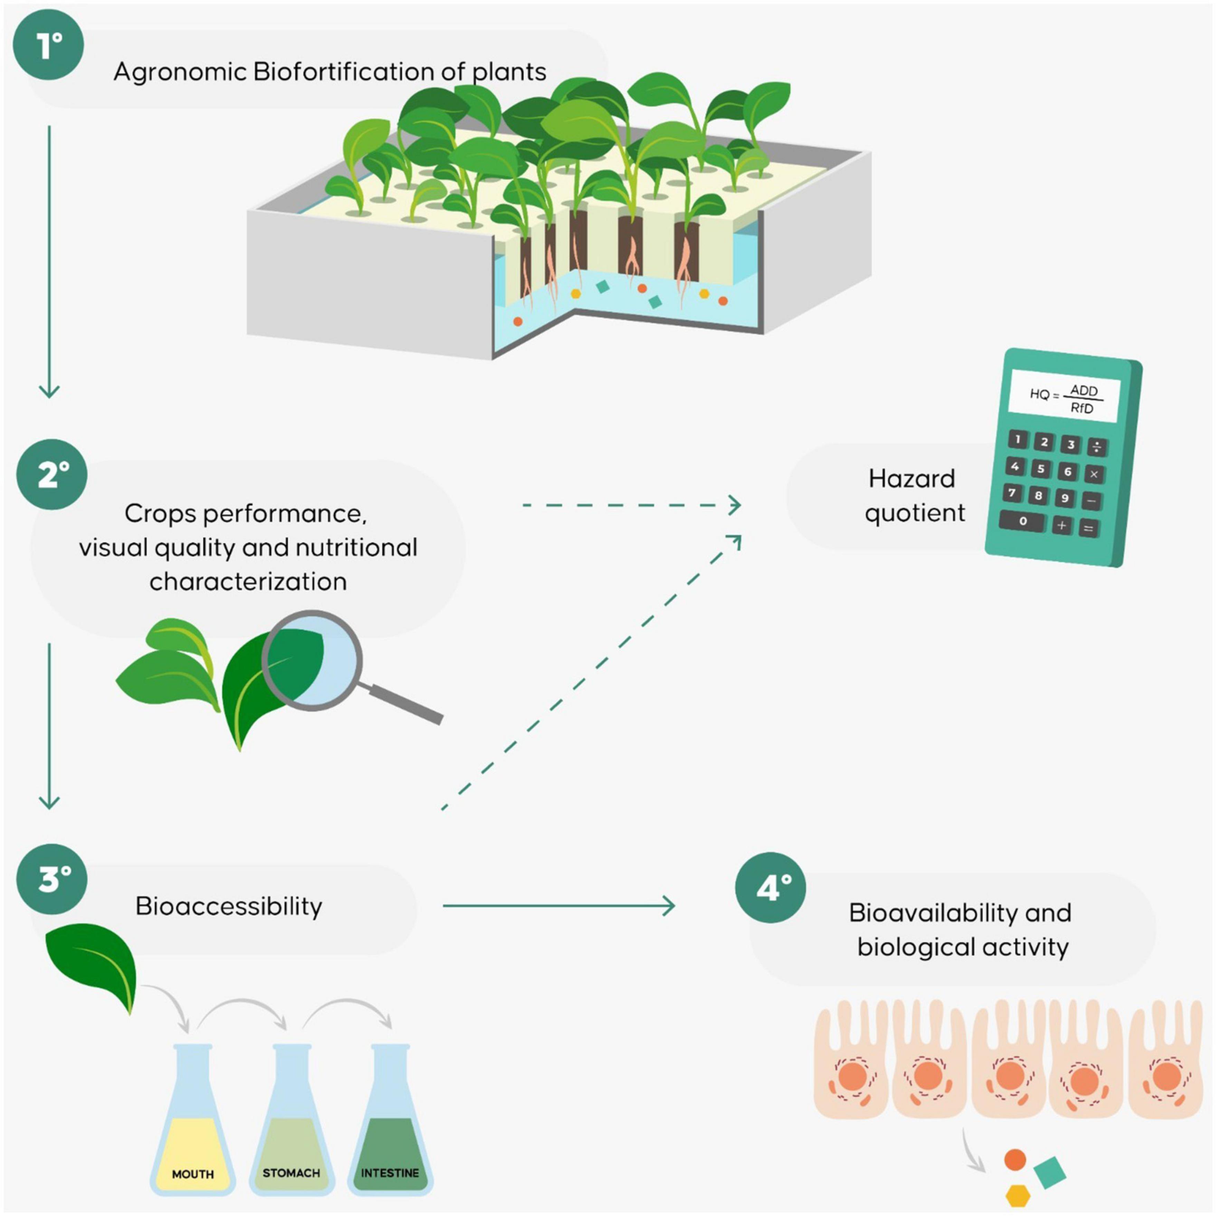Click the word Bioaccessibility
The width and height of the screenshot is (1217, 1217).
click(229, 906)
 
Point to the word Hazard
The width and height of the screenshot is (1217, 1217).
click(912, 479)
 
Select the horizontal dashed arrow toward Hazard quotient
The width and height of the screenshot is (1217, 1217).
click(630, 505)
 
